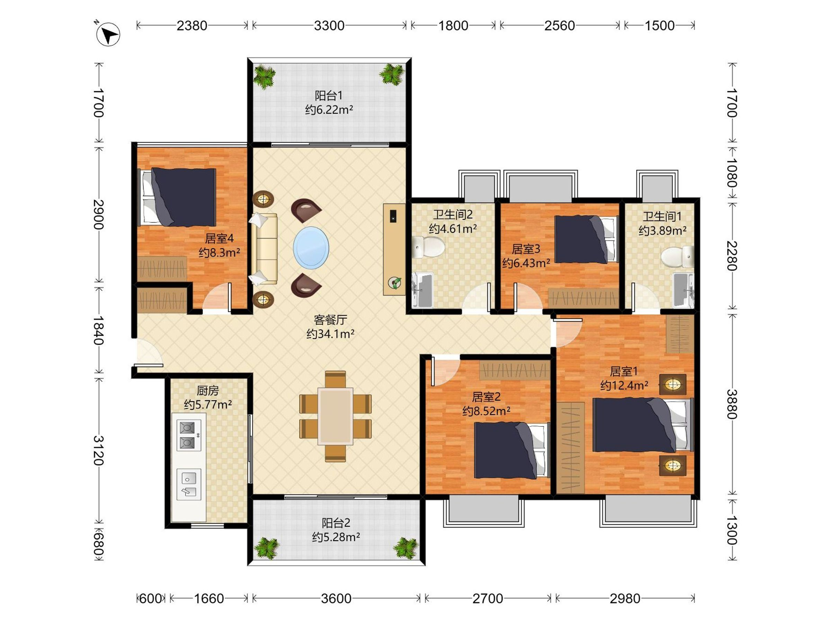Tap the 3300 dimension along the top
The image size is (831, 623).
pyautogui.click(x=329, y=26)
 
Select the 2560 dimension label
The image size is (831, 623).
pyautogui.click(x=560, y=26)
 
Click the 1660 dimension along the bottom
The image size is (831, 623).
pyautogui.click(x=209, y=598)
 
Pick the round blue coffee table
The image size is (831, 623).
pyautogui.click(x=311, y=247)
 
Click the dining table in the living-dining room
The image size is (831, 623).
pyautogui.click(x=335, y=416)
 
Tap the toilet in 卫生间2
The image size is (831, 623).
pyautogui.click(x=428, y=247)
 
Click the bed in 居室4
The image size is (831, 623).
pyautogui.click(x=177, y=197)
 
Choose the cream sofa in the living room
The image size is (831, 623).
pyautogui.click(x=265, y=249)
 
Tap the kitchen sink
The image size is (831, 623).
pyautogui.click(x=189, y=485)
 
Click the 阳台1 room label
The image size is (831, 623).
pyautogui.click(x=329, y=96)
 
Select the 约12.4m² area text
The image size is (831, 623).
pyautogui.click(x=624, y=386)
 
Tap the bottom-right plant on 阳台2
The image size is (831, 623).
pyautogui.click(x=406, y=548)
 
